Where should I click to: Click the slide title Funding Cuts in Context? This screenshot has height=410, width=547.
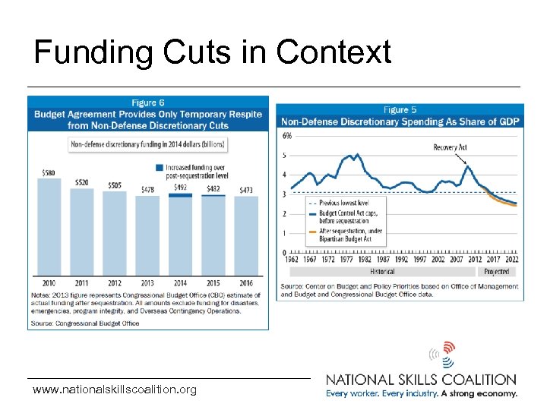[x=213, y=53]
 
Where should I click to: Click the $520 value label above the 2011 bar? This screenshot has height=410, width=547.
[x=81, y=182]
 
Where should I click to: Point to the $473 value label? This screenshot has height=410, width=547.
[x=246, y=190]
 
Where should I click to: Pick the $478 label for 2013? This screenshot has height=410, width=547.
[x=147, y=189]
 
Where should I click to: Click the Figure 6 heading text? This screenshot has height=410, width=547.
[x=148, y=102]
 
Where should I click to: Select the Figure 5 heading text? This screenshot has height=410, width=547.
[x=400, y=110]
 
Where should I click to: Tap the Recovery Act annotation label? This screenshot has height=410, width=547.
[x=450, y=147]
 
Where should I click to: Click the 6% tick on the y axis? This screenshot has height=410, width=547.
[x=286, y=136]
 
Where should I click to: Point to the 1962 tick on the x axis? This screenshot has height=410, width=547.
[x=289, y=260]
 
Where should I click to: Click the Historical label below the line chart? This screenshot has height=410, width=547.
[x=382, y=271]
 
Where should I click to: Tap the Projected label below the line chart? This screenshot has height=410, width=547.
[x=496, y=271]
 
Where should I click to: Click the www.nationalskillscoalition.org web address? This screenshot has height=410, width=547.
[x=114, y=389]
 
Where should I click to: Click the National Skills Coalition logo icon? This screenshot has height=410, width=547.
[x=442, y=354]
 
